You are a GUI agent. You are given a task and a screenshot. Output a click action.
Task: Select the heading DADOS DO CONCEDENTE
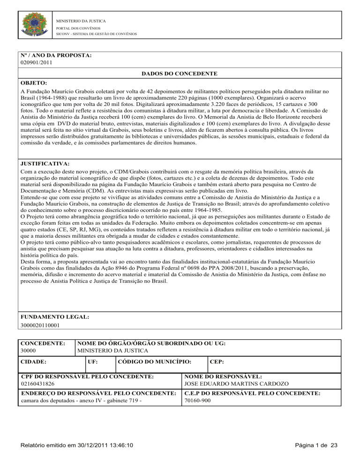pyautogui.click(x=179, y=74)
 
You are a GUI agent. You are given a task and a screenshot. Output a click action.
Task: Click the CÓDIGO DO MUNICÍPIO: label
pyautogui.click(x=154, y=362)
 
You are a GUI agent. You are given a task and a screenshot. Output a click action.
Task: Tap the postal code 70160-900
pyautogui.click(x=197, y=401)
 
